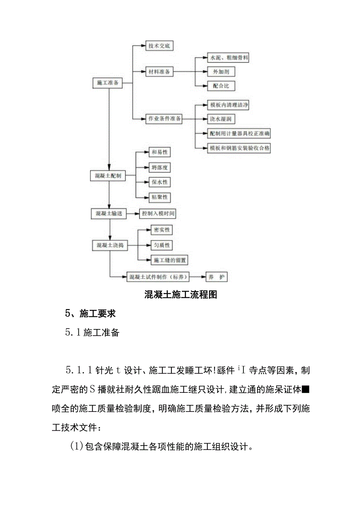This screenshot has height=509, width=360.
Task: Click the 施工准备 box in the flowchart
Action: (x=108, y=83)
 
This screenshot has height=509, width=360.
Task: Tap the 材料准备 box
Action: (x=159, y=72)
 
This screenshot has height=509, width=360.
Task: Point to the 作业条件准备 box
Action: (x=164, y=118)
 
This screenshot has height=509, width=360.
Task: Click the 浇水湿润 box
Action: (x=221, y=119)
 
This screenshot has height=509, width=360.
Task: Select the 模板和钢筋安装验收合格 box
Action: (x=239, y=148)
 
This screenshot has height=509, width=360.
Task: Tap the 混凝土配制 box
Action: (x=108, y=176)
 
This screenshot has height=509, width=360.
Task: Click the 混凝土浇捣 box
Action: (x=110, y=245)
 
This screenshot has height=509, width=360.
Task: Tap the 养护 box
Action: (x=216, y=277)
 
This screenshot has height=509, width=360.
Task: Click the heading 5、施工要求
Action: (x=90, y=313)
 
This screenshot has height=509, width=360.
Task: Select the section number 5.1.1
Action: (x=78, y=370)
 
